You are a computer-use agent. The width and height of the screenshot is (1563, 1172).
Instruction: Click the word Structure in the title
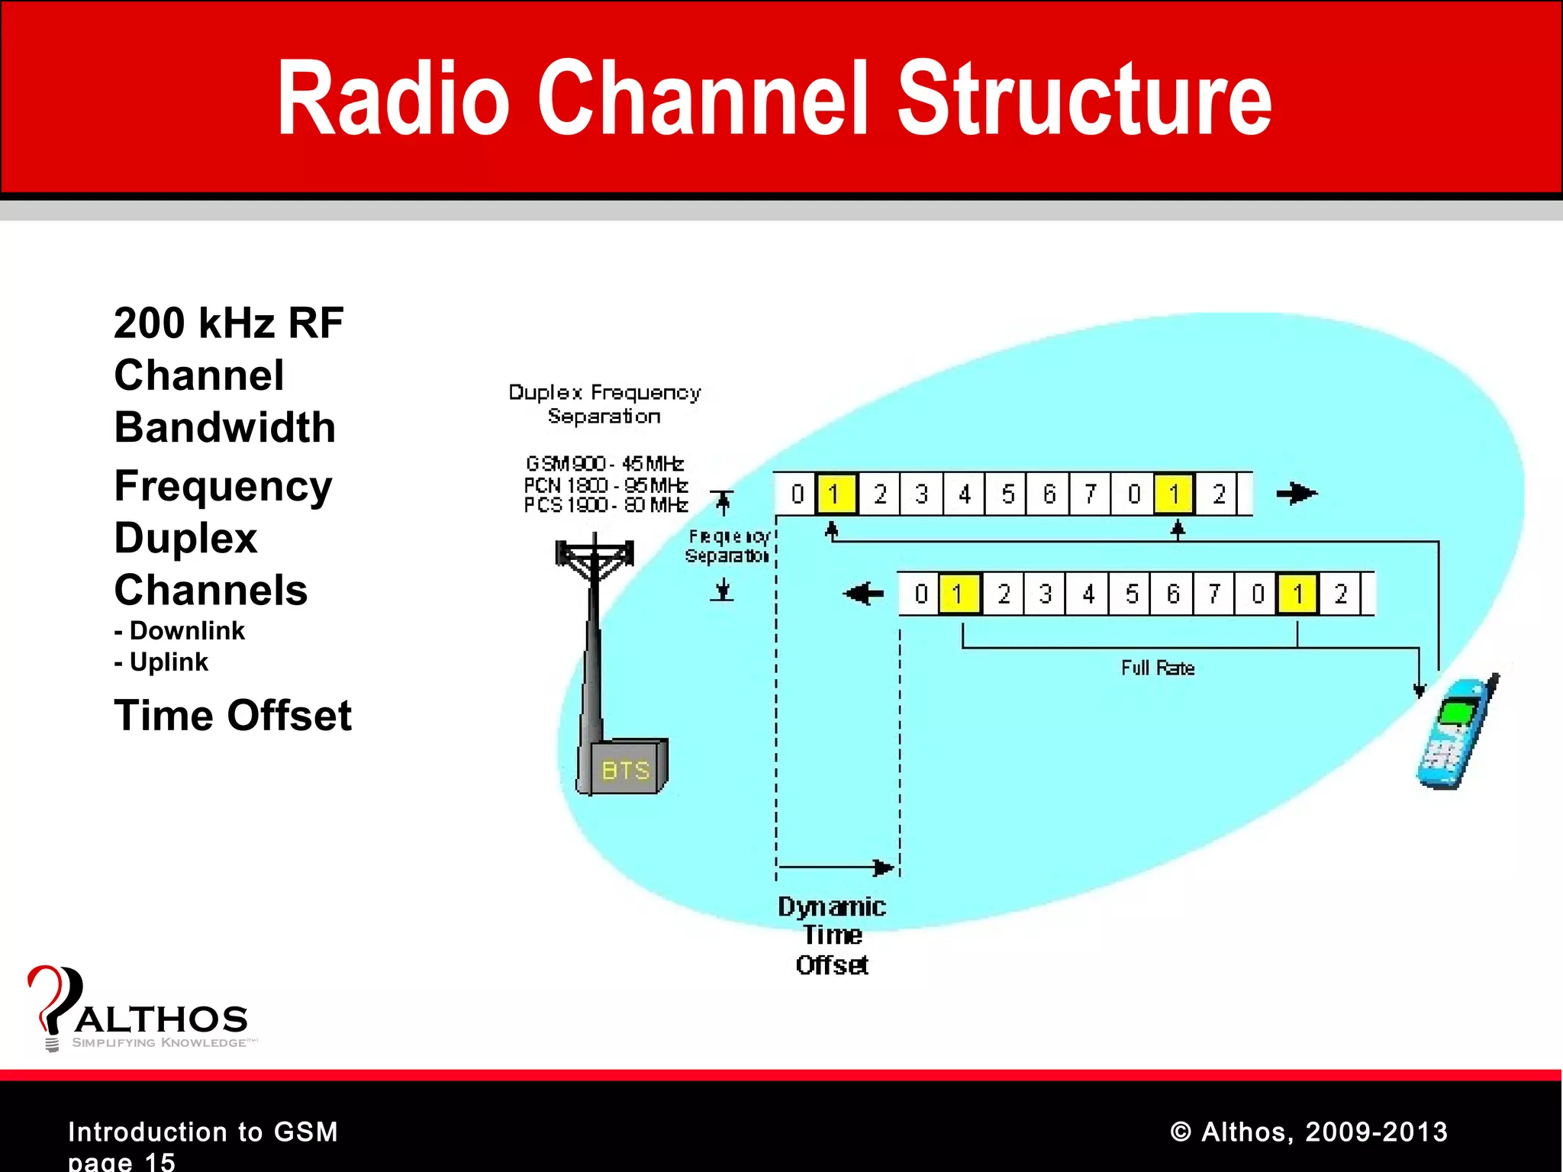[x=1084, y=99]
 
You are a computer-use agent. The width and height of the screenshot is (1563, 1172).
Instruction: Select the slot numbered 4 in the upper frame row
[x=965, y=494]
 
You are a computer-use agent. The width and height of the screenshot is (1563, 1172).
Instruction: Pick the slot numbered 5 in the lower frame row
[x=1131, y=594]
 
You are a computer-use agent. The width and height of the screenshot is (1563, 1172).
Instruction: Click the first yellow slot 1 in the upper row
[x=835, y=494]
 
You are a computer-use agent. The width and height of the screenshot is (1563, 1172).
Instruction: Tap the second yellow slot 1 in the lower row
[x=1297, y=594]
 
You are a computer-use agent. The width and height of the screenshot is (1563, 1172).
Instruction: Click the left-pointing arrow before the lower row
[x=864, y=593]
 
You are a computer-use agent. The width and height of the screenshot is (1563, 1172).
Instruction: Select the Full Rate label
[x=1157, y=668]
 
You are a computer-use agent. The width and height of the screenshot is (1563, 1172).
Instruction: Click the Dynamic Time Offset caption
[x=832, y=935]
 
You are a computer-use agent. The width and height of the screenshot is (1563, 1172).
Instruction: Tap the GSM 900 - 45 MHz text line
[x=604, y=463]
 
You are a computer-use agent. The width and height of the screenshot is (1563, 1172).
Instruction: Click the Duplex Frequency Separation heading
[x=604, y=404]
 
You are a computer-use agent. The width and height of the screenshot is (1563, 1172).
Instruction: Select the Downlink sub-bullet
[x=180, y=631]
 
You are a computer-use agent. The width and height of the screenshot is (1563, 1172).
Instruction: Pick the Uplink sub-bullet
[x=162, y=662]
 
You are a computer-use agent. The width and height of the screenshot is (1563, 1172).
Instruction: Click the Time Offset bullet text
[x=233, y=716]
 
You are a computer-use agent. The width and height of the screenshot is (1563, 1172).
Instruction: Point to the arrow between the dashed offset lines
[x=836, y=868]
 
